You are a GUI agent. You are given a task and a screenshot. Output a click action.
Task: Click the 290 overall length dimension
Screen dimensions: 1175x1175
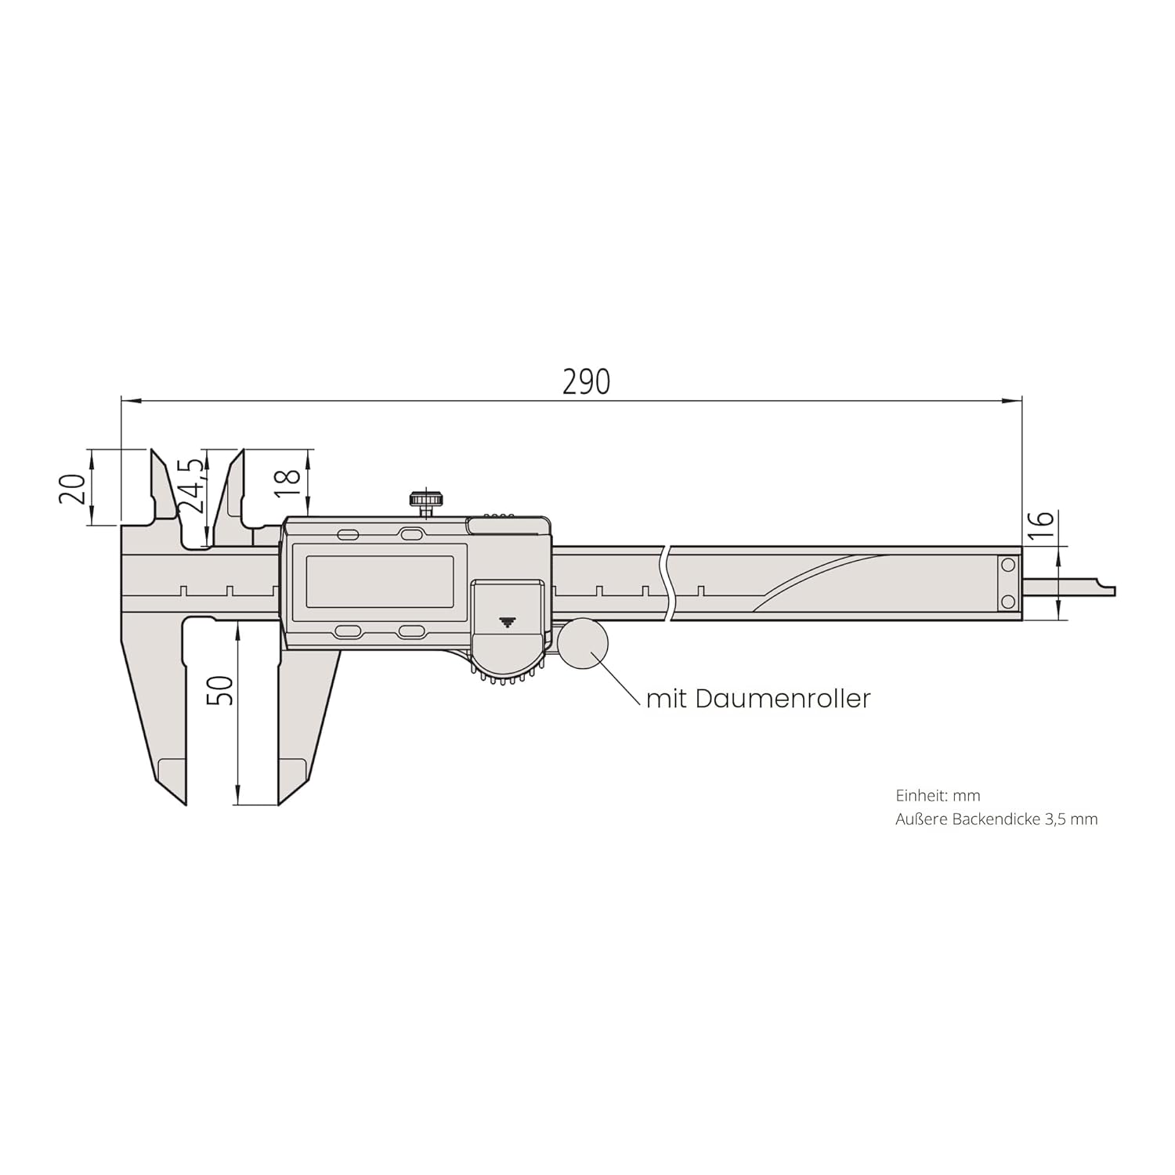point(586,381)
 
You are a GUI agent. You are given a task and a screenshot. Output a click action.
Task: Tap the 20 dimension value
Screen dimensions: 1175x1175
point(73,489)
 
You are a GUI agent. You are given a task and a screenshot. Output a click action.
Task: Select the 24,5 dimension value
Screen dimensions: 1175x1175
point(193,486)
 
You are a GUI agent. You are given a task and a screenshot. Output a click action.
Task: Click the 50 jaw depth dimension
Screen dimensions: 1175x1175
point(223,690)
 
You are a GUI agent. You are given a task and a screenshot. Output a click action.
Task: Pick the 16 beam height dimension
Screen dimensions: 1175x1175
point(1043,524)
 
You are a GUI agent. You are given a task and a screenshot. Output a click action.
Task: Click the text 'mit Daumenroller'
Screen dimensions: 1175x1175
point(758,698)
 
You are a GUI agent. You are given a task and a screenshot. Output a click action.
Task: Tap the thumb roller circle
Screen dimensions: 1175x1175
point(583,643)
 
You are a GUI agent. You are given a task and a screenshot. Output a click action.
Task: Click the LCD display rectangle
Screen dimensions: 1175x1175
point(380,581)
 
